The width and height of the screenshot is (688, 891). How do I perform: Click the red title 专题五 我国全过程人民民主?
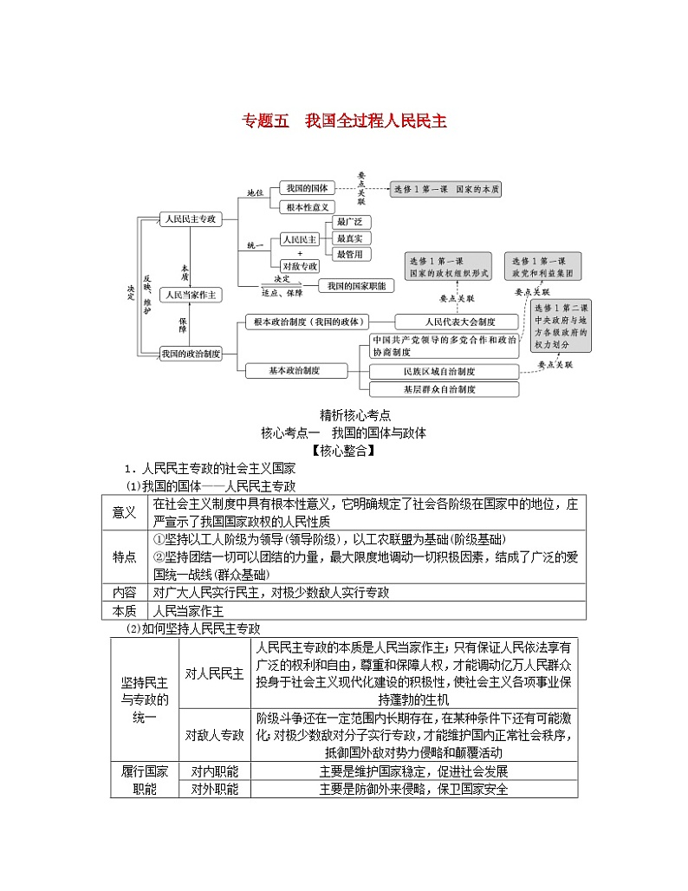click(344, 121)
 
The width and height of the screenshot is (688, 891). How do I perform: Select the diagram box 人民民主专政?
click(190, 219)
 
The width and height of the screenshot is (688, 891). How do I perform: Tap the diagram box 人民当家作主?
click(191, 295)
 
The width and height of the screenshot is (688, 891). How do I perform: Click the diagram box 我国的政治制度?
click(191, 353)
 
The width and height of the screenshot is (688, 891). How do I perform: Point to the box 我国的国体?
click(305, 188)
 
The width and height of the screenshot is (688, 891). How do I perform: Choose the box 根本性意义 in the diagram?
click(305, 207)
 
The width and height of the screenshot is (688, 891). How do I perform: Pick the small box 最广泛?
click(354, 222)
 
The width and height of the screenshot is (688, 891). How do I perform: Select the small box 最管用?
click(354, 254)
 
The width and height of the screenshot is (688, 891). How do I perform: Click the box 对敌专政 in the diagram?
click(299, 265)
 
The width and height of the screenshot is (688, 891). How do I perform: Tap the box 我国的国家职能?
click(356, 285)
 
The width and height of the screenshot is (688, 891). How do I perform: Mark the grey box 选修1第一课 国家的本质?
click(446, 189)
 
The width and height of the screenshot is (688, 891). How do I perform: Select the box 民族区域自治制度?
click(445, 371)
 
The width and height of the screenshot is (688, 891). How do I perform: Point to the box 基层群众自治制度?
click(445, 389)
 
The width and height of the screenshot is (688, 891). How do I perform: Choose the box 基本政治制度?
click(295, 370)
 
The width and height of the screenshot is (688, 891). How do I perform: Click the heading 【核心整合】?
click(344, 450)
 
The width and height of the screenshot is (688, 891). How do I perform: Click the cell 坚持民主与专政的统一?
click(144, 699)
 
